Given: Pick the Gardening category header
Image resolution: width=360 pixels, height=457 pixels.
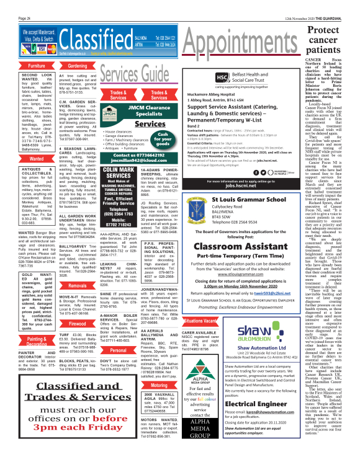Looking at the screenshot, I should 77,66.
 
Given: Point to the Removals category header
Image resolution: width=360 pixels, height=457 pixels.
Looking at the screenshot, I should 77,286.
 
